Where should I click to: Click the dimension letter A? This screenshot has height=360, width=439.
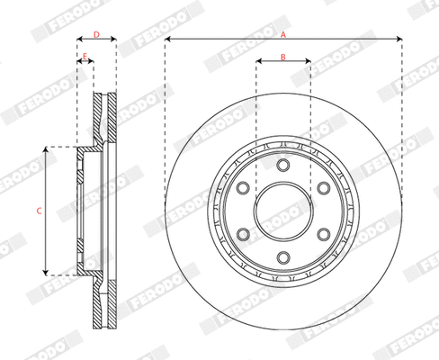click(283, 33)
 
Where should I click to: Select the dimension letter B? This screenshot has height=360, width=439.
click(282, 57)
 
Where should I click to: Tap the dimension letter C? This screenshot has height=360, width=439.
click(39, 210)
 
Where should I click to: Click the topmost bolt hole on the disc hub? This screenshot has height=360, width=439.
click(282, 165)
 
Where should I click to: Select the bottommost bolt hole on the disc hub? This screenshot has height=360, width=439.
click(282, 258)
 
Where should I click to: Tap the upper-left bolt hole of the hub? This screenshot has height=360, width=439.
click(242, 188)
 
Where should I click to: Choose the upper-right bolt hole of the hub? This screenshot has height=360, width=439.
click(323, 188)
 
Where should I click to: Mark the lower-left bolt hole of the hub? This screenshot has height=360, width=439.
click(242, 235)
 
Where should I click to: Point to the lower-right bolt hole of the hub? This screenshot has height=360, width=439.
click(323, 235)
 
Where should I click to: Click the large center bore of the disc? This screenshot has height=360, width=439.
click(282, 211)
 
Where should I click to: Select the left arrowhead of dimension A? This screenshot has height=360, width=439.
click(167, 40)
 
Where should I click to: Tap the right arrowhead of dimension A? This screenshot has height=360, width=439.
click(399, 40)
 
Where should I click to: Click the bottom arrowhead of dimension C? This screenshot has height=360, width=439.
click(46, 271)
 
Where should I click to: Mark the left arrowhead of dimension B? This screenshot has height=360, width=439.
click(258, 63)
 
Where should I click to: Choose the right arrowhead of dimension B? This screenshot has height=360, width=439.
click(307, 63)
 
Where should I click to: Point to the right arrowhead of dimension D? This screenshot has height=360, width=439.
click(114, 40)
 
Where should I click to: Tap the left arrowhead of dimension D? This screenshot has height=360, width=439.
click(79, 40)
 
